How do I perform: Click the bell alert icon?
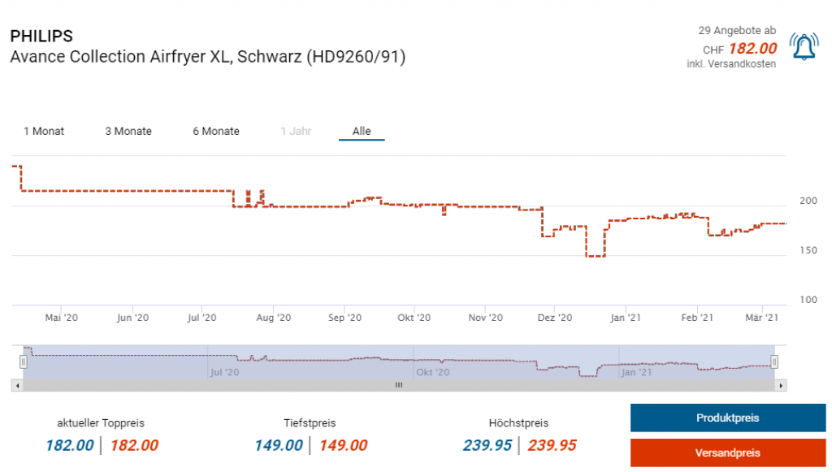click(x=804, y=49)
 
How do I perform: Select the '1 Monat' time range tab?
click(x=44, y=131)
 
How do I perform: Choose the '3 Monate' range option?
click(x=128, y=131)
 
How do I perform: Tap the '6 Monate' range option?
click(x=216, y=131)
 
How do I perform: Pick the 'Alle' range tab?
click(x=362, y=131)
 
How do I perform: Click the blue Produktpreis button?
click(x=727, y=418)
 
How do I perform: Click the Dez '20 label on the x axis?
click(x=556, y=318)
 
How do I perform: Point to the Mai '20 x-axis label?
click(x=62, y=318)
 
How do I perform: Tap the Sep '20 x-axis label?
click(x=344, y=318)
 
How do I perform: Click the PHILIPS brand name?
click(x=41, y=37)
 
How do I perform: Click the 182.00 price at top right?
click(x=752, y=49)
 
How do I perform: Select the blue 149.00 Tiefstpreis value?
click(x=279, y=445)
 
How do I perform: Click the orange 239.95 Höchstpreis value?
click(x=552, y=445)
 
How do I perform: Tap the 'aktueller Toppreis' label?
click(x=101, y=423)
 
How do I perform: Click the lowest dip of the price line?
click(x=596, y=256)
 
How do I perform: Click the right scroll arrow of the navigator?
click(x=782, y=386)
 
